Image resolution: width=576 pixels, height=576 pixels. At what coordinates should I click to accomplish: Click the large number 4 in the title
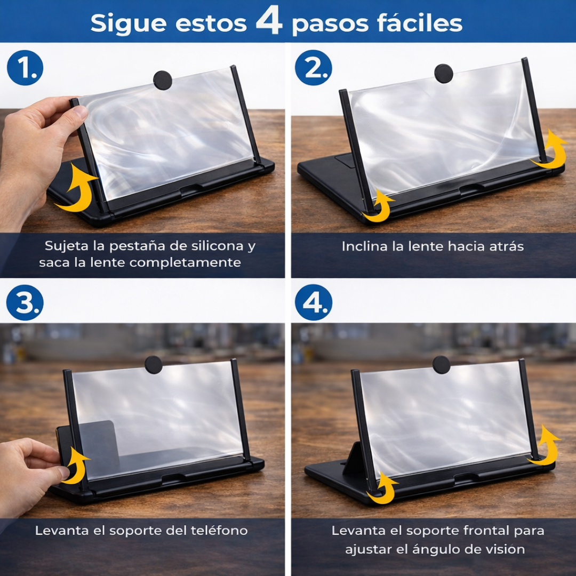[269, 21]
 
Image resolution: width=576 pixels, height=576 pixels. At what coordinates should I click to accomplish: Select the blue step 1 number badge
[25, 68]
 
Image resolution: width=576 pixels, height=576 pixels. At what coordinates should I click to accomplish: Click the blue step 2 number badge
[314, 68]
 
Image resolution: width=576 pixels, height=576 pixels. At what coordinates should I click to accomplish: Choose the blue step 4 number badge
[314, 302]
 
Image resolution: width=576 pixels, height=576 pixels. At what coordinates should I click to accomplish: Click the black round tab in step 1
[163, 80]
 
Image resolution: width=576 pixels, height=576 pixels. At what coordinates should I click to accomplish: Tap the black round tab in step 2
[443, 74]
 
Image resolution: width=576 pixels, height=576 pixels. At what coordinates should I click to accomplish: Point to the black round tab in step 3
[154, 365]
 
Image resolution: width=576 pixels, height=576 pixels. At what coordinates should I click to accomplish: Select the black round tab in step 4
[442, 365]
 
